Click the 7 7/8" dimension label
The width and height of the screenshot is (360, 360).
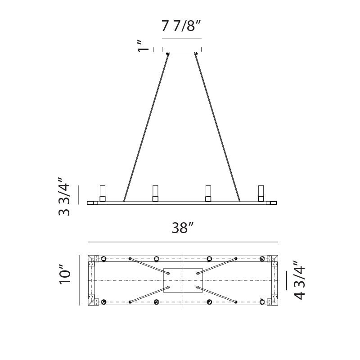click(181, 26)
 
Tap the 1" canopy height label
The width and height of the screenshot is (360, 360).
click(143, 46)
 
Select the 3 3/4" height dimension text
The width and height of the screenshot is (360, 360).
click(64, 196)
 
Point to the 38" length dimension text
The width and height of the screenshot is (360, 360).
click(183, 228)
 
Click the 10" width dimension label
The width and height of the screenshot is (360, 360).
click(65, 274)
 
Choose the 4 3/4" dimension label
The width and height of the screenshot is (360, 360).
click(299, 280)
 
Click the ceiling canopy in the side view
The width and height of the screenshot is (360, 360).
click(182, 49)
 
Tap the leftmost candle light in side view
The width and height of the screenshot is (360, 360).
click(103, 193)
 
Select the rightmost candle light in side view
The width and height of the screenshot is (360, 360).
click(261, 193)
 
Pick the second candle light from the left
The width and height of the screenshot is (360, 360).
click(155, 193)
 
